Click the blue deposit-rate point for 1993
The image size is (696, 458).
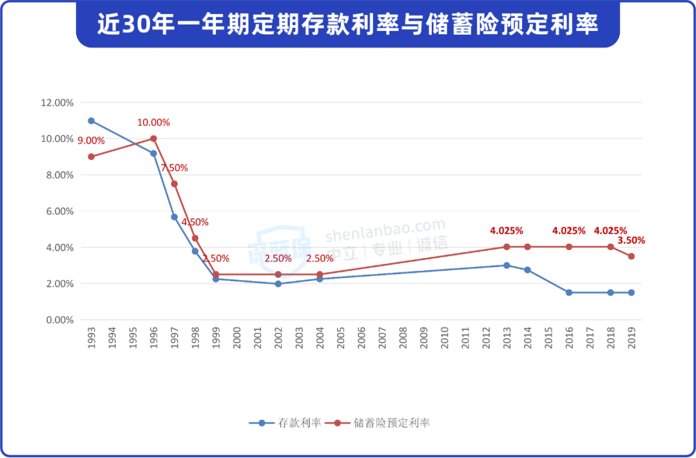point(91,121)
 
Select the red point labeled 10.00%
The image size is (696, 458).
point(153,139)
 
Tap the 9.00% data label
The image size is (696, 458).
point(91,140)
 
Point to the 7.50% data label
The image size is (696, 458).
point(174,168)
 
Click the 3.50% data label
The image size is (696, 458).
point(632,240)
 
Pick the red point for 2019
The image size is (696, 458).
point(632,256)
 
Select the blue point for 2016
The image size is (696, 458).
point(569,292)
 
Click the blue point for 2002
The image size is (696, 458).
point(278,284)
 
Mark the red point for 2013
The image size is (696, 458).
point(507,247)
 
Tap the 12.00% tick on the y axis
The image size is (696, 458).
point(57,103)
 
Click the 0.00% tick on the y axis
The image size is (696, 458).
point(59,320)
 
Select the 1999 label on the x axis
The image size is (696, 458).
point(216,337)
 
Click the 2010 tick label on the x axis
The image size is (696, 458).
point(445,337)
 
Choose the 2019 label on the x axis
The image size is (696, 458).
point(632,337)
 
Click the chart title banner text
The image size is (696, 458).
point(347,25)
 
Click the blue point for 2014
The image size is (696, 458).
point(527,270)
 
